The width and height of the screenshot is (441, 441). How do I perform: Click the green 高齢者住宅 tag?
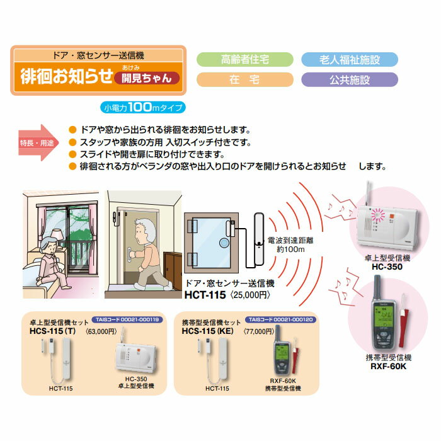point(245,60)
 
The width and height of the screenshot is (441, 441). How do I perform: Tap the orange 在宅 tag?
point(245,80)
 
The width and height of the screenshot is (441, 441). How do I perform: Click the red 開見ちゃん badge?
point(146,79)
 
